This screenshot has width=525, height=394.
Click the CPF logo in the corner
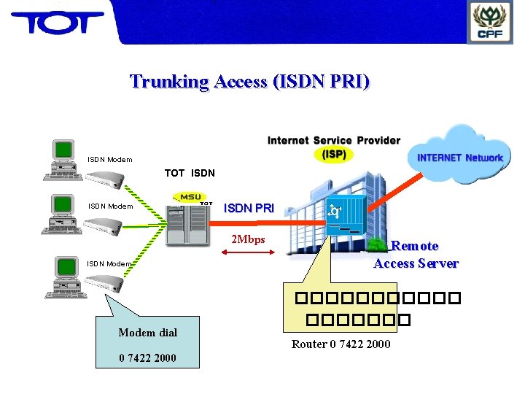coord(490,23)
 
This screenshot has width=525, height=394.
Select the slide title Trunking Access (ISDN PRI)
coord(249,81)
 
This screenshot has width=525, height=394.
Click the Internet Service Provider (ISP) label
coord(334,147)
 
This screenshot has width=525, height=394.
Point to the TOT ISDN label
coord(190,173)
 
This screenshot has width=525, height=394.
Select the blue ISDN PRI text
coord(249,208)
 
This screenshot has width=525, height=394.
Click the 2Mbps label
coord(248,239)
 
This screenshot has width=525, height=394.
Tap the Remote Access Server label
coord(416,255)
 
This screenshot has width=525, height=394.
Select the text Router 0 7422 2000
coord(341,344)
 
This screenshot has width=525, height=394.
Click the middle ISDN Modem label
coord(111,206)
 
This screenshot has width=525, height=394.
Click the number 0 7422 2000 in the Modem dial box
coord(147,358)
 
